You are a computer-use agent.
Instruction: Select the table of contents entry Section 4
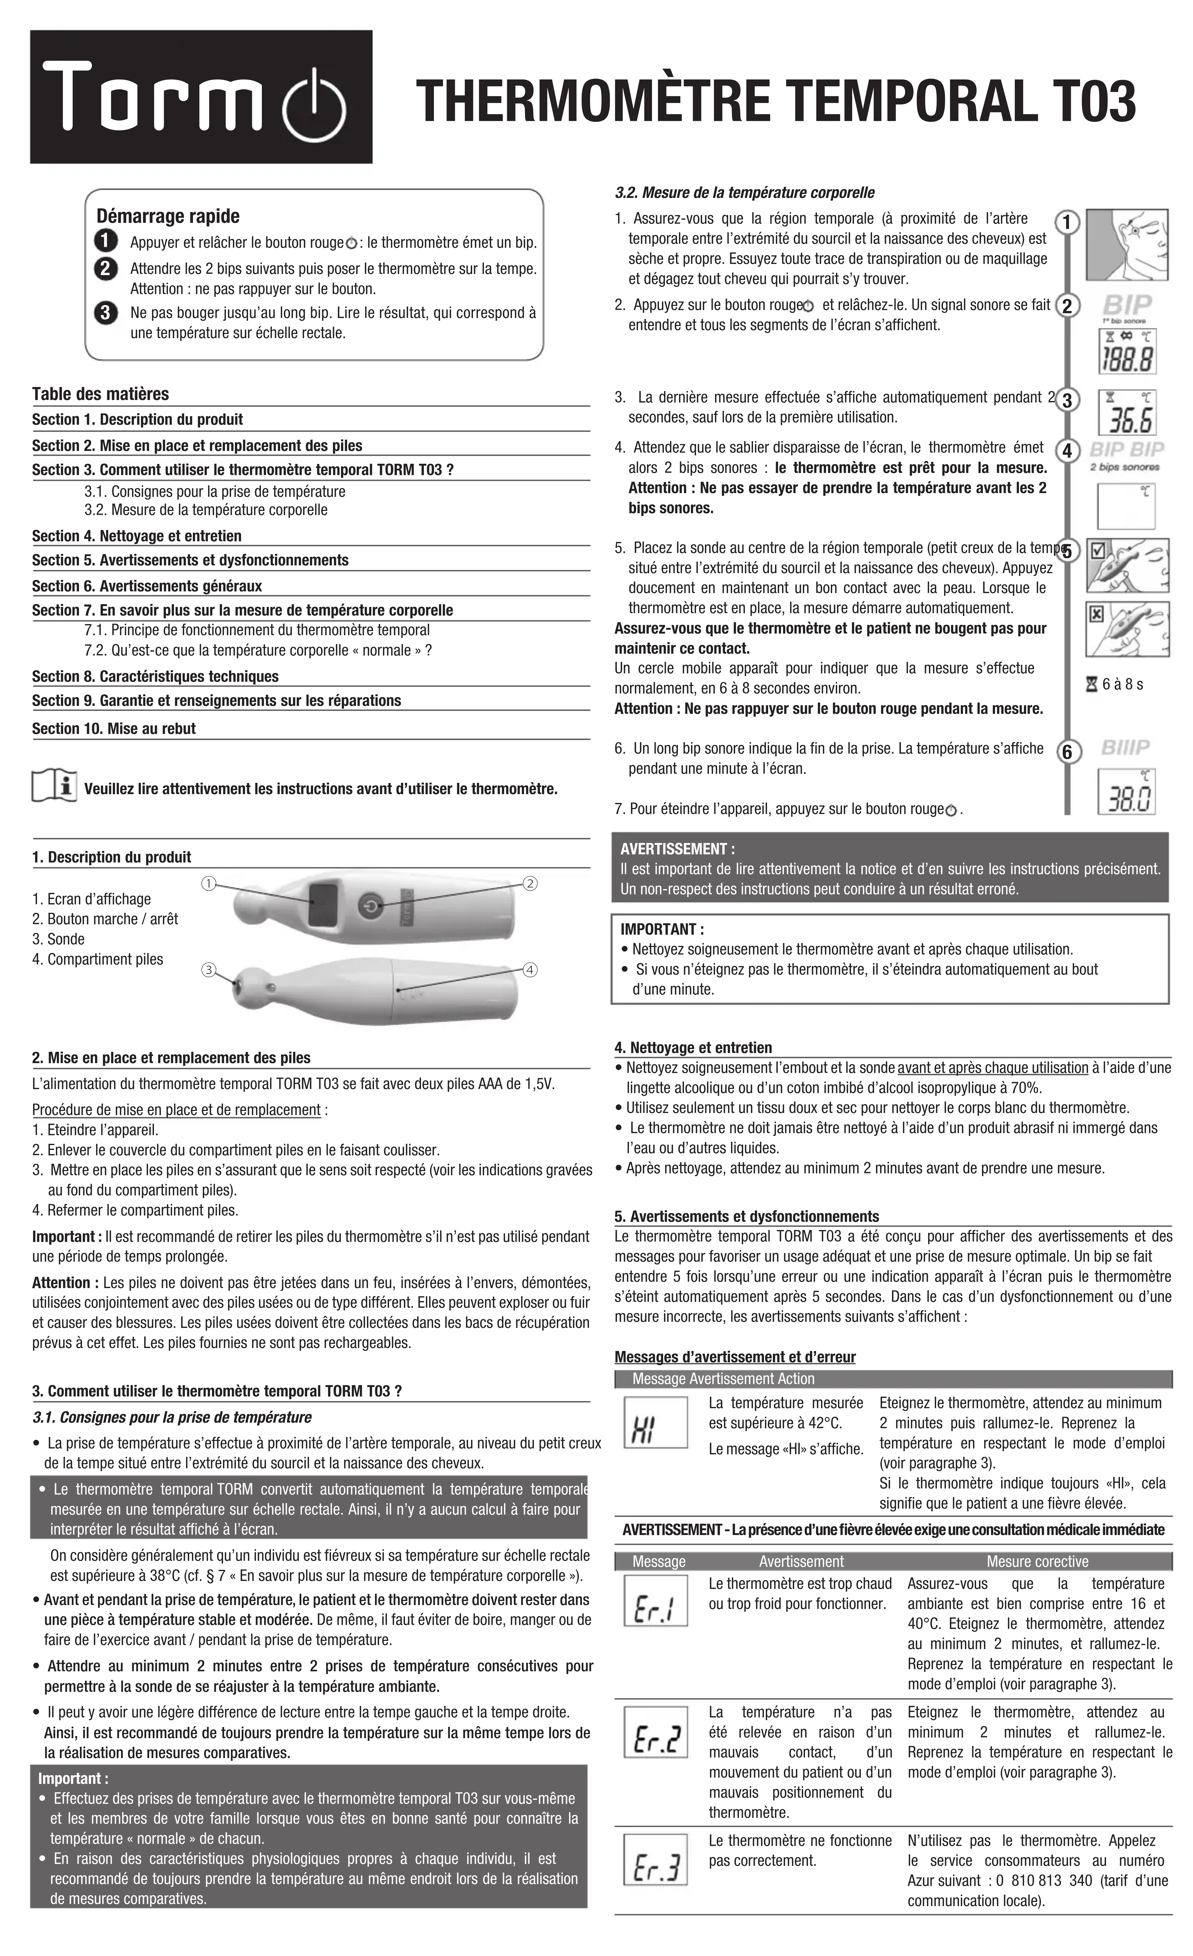click(137, 536)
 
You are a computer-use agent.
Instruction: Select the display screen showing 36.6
click(1126, 413)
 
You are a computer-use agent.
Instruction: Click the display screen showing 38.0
click(1126, 791)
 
